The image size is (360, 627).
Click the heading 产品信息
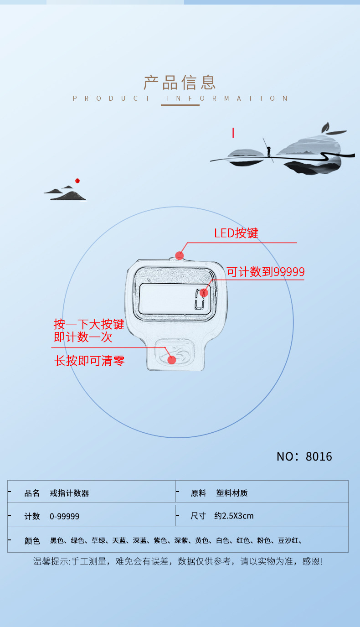point(180,83)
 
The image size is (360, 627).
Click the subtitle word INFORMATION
point(227,98)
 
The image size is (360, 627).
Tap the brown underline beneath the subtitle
point(180,105)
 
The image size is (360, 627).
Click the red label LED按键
point(236,233)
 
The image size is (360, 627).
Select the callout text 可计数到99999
point(266,272)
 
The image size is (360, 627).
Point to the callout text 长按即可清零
point(89,361)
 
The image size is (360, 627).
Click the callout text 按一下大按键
point(89,324)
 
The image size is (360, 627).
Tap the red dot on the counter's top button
point(179,255)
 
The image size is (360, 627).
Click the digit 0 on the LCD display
point(200,300)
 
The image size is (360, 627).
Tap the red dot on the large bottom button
point(172,360)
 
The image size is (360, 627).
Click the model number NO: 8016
point(304,456)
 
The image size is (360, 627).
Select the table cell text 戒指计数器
point(69,493)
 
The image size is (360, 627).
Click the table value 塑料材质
point(232,493)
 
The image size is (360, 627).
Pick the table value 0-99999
point(64,516)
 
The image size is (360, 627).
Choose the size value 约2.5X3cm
point(234,516)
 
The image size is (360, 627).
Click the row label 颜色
point(32,540)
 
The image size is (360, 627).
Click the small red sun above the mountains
point(77,181)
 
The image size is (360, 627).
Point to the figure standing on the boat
point(269,152)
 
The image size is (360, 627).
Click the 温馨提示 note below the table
point(178,561)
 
